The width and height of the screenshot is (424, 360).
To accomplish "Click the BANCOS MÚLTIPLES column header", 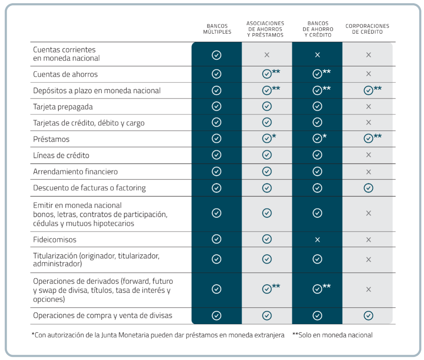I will click(217, 29).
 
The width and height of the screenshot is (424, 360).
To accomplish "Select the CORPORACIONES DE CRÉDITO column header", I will click(367, 29).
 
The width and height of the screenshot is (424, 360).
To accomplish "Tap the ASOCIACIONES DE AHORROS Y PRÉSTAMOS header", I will click(265, 29).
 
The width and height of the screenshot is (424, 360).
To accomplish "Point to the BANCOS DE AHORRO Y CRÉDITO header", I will click(318, 29).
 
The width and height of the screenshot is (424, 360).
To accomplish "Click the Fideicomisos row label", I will click(55, 240).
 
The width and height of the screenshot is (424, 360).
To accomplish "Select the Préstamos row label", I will click(51, 139).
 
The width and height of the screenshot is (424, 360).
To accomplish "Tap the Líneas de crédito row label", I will click(61, 155).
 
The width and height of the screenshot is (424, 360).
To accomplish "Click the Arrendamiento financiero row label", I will click(75, 172).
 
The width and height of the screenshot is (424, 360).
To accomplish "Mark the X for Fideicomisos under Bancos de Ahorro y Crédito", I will click(318, 240).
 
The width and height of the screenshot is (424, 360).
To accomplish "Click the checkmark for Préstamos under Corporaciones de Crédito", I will click(368, 138).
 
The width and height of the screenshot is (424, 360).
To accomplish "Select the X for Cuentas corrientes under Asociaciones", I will click(267, 55).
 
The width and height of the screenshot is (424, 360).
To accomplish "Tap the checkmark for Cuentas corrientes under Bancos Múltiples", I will click(216, 55).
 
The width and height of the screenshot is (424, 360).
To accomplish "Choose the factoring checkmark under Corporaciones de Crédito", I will click(368, 188).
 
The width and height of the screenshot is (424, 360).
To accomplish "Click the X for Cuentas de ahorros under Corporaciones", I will click(368, 74).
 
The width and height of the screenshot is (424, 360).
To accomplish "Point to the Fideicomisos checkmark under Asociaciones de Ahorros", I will click(267, 239).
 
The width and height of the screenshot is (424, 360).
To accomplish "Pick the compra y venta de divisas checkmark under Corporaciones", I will click(368, 315).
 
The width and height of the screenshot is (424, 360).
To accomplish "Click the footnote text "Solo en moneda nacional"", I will click(335, 335).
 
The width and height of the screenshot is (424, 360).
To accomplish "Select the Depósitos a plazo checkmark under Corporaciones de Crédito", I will click(368, 90).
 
